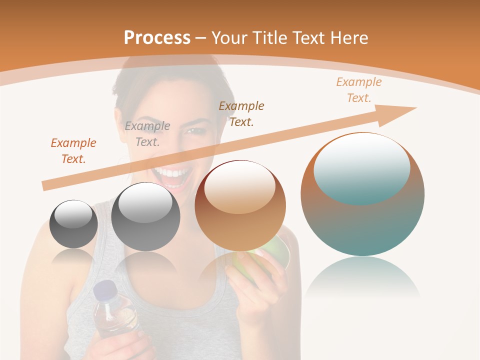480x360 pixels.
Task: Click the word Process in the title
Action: [157, 38]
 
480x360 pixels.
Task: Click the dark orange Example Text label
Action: [73, 151]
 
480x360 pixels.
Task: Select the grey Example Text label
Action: [147, 134]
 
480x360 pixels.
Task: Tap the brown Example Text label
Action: [241, 113]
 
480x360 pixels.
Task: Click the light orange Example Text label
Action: [359, 89]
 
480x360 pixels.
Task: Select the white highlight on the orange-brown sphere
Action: [239, 187]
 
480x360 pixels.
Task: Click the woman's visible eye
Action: [193, 131]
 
